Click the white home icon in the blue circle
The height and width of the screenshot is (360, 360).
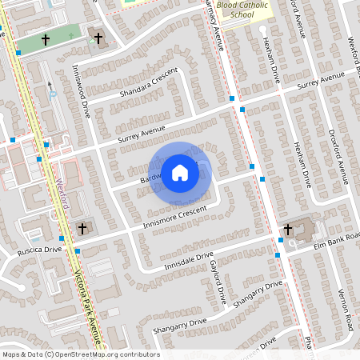click(180, 172)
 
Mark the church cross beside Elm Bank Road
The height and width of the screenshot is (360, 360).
click(287, 230)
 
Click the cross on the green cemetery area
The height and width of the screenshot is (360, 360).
click(46, 38)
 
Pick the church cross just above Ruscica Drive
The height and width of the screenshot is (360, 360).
click(82, 229)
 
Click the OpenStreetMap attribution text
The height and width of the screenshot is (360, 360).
click(81, 354)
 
